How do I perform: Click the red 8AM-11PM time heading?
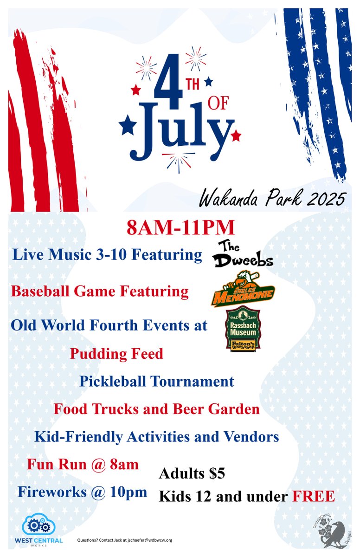tap(180, 228)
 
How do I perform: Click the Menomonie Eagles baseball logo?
tap(243, 291)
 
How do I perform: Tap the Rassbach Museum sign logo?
tap(243, 329)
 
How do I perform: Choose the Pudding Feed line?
tap(116, 354)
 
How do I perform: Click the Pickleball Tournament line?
tap(156, 382)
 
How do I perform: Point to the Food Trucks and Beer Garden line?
tap(156, 409)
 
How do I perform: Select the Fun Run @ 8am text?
tap(83, 464)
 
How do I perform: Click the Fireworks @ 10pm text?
tap(83, 492)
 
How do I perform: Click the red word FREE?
tap(313, 496)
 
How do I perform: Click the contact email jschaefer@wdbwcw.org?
tap(147, 540)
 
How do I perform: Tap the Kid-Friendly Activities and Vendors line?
tap(157, 437)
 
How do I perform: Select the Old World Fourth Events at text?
tap(109, 325)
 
